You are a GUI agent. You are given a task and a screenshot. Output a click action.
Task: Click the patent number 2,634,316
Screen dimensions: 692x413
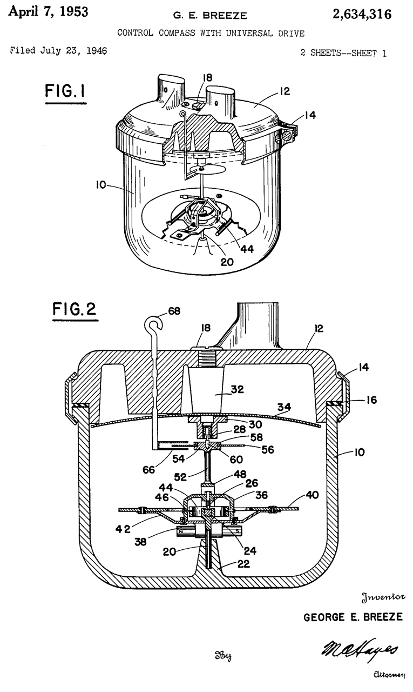pyautogui.click(x=358, y=15)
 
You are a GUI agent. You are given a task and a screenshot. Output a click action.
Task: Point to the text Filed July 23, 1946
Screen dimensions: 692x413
pyautogui.click(x=58, y=51)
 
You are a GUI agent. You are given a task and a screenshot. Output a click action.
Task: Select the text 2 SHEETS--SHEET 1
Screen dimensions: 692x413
pyautogui.click(x=343, y=53)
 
